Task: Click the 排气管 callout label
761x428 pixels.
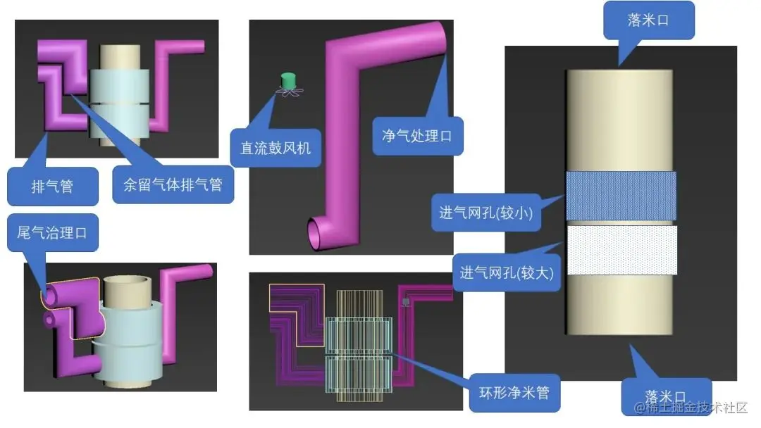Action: (53, 186)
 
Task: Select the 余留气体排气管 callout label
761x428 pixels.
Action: (172, 185)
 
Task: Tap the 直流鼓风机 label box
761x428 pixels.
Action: (276, 148)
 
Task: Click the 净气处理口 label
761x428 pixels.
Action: (416, 135)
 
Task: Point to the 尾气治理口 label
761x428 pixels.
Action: (52, 234)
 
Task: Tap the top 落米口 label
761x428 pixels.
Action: (648, 20)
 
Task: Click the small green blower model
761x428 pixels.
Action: (287, 82)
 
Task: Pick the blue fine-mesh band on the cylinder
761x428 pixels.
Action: (620, 198)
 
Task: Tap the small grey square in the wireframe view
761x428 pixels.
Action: (406, 301)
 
